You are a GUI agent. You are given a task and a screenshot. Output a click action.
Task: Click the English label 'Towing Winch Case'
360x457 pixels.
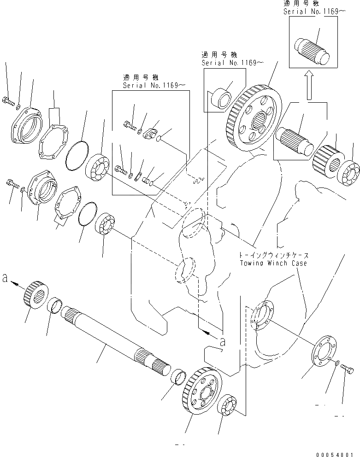pos(273,263)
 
